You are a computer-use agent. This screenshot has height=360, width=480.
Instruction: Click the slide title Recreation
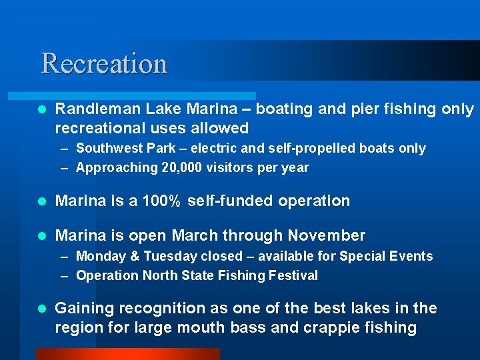[x=104, y=63]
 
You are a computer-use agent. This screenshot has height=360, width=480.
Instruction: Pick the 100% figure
[x=159, y=201]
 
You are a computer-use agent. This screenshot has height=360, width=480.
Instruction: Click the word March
[x=194, y=235]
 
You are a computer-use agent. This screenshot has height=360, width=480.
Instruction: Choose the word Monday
[x=101, y=256]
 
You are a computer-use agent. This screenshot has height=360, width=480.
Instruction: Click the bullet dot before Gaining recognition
[x=41, y=309]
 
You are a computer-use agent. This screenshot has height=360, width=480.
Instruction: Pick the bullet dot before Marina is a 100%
[x=41, y=201]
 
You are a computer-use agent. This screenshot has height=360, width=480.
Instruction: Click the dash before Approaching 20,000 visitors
[x=65, y=168]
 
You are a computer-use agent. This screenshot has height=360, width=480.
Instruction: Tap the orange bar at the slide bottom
[x=127, y=354]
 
